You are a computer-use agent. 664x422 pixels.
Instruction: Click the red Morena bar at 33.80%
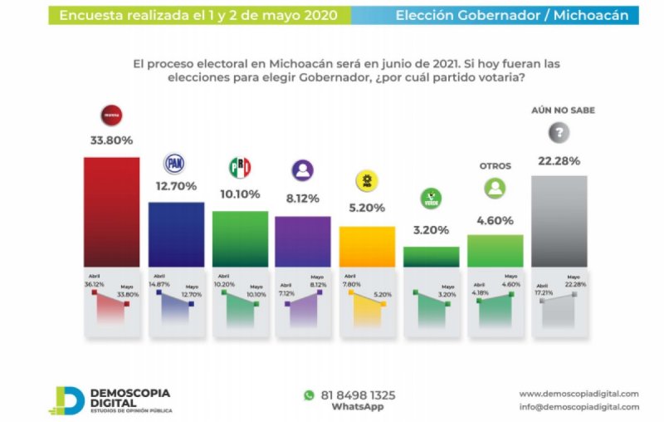pos(111,212)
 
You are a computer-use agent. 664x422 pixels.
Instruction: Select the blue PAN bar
pos(176,234)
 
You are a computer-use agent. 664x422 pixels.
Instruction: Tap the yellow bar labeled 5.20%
pos(367,247)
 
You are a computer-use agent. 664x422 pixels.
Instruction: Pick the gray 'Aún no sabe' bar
pos(559,221)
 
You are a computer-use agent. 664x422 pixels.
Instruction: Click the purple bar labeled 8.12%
pos(303,241)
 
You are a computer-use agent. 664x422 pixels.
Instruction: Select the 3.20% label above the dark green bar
pos(431,230)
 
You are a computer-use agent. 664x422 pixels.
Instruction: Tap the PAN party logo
pos(176,163)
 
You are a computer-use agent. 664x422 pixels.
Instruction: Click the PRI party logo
pos(240,168)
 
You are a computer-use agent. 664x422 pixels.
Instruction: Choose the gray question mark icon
pos(560,133)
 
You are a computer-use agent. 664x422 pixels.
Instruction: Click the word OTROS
pos(496,166)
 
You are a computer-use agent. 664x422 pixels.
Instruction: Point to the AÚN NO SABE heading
pos(563,110)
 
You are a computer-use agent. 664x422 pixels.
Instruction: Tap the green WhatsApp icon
pos(310,395)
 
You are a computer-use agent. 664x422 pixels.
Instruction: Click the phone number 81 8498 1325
pos(359,395)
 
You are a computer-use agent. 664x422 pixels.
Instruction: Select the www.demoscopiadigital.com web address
pos(579,393)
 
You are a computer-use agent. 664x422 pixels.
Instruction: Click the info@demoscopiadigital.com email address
pos(579,407)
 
